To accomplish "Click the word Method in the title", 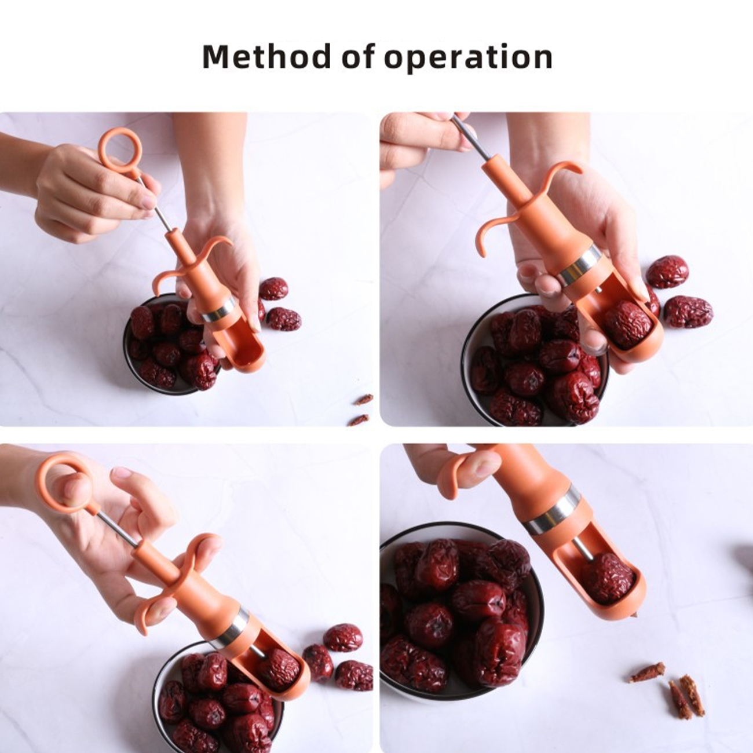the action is pos(266,57).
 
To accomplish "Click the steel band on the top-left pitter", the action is pos(217,310).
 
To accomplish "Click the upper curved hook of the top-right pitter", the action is pos(559,171).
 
